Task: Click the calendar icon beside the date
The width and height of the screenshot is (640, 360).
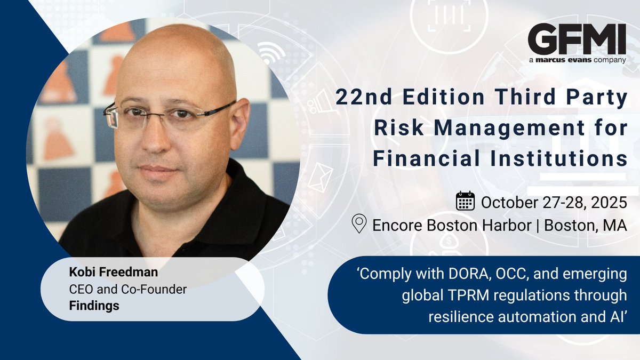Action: point(465,202)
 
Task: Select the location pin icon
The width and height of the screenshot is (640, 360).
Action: point(360,224)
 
